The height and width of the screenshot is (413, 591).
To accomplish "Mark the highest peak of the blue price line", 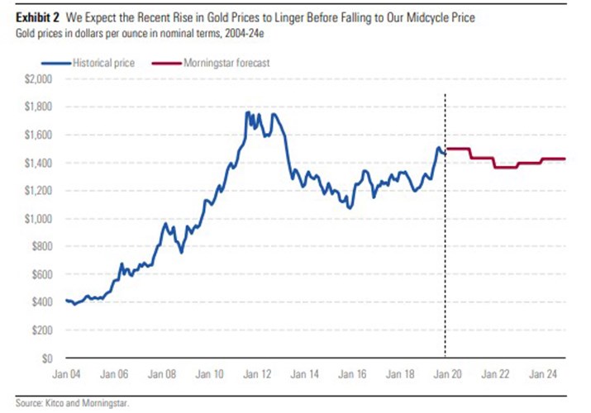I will coord(248,112).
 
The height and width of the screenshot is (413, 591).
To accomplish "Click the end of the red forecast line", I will coord(565,159).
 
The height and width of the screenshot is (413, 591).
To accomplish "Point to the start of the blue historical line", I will coord(65,300).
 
